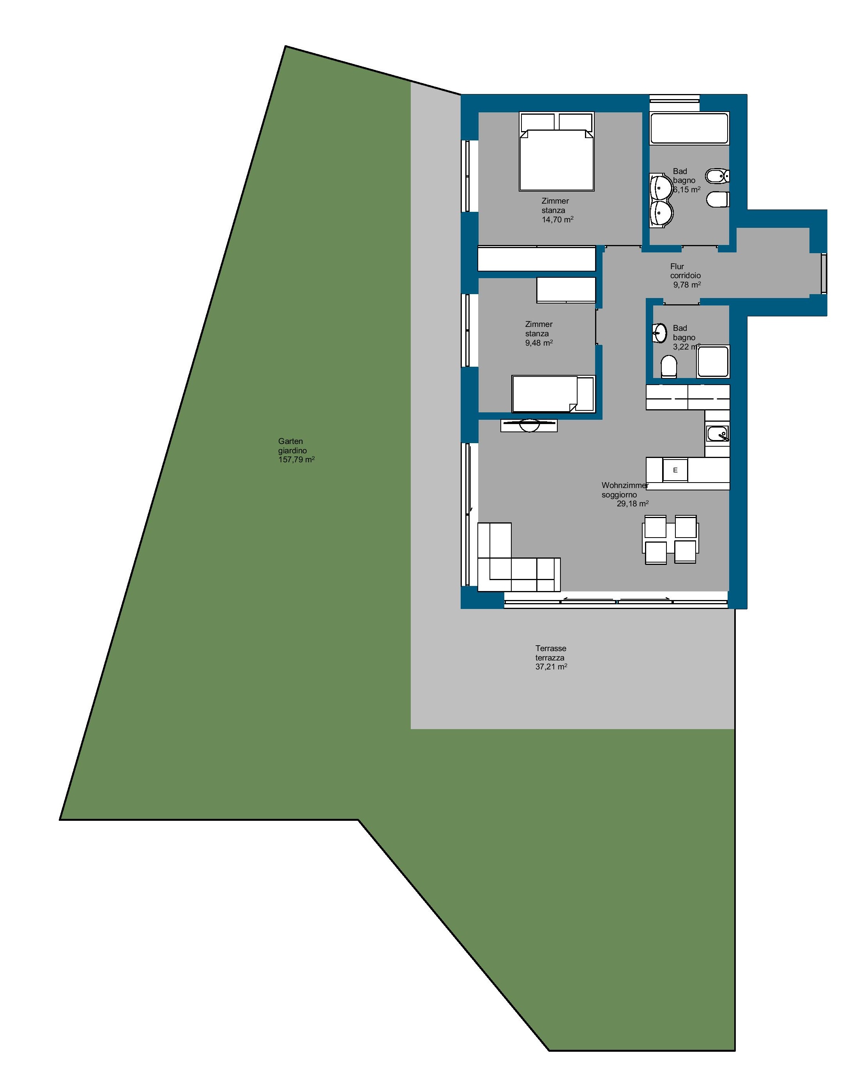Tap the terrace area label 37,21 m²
pyautogui.click(x=551, y=666)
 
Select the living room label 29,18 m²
pyautogui.click(x=632, y=503)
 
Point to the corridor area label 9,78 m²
pyautogui.click(x=686, y=285)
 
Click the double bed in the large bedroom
pyautogui.click(x=557, y=151)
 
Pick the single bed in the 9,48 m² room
pyautogui.click(x=553, y=394)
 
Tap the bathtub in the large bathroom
pyautogui.click(x=689, y=128)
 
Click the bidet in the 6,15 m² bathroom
pyautogui.click(x=717, y=176)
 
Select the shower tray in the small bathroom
pyautogui.click(x=713, y=361)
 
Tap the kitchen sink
pyautogui.click(x=717, y=433)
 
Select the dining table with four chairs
pyautogui.click(x=670, y=540)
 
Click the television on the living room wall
pyautogui.click(x=528, y=425)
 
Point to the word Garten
pyautogui.click(x=290, y=441)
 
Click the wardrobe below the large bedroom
pyautogui.click(x=536, y=259)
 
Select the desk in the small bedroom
pyautogui.click(x=566, y=290)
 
